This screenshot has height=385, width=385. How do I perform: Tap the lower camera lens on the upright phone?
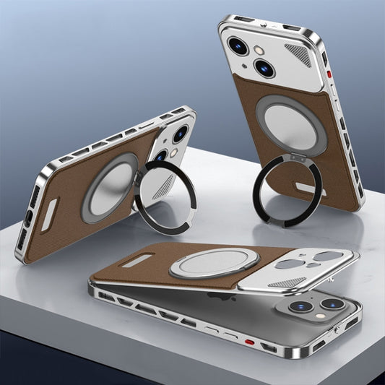click(264, 68)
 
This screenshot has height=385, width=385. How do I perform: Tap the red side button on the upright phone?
click(327, 75)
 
